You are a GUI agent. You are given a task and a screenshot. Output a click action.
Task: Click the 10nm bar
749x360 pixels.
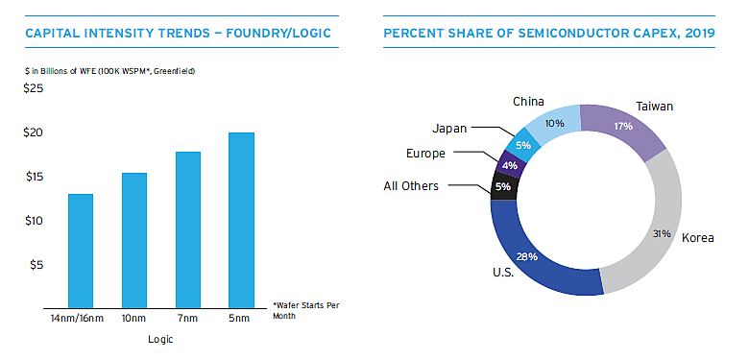coord(133,239)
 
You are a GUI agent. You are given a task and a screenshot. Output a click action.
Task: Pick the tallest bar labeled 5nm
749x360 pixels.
coord(241,219)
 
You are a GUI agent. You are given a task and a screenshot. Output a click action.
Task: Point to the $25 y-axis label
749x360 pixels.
coord(34,89)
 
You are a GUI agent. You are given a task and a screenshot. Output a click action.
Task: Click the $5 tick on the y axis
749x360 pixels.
coord(36,265)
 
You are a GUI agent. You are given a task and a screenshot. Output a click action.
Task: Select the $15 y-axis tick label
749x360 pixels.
coord(34,177)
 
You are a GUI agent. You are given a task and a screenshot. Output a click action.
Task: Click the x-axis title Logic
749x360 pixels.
coord(160,340)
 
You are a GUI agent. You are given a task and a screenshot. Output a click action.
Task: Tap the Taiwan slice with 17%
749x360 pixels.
coord(623,126)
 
